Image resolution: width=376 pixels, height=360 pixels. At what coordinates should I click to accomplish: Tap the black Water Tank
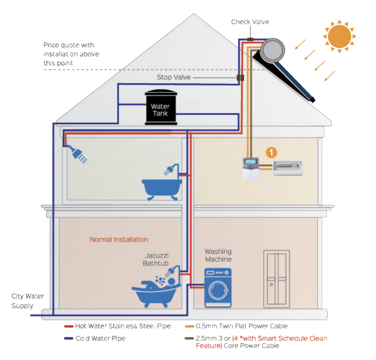[x=160, y=108]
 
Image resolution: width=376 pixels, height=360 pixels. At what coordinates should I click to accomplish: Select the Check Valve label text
[x=250, y=22]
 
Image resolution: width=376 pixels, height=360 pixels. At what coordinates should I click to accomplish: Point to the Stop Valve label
[x=174, y=77]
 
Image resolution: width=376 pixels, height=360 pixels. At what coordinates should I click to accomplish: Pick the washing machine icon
[x=218, y=288]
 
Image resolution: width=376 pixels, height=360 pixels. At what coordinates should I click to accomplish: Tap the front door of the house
[x=276, y=278]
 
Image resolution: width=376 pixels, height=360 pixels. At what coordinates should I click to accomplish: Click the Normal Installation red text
[x=119, y=239]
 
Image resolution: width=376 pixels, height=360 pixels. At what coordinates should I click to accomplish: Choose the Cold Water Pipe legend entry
[x=100, y=338]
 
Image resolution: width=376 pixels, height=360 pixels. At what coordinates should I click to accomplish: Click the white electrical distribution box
[x=287, y=168]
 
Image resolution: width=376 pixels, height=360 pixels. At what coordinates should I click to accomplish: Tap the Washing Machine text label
[x=218, y=255]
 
